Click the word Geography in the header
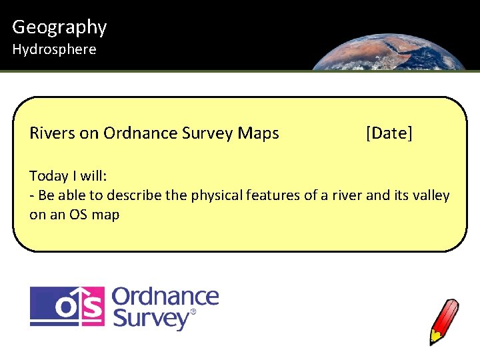[59, 27]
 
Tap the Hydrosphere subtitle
[54, 49]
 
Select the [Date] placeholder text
[389, 133]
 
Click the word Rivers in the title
[52, 133]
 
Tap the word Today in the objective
[49, 176]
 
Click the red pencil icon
[445, 320]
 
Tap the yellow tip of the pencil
[434, 337]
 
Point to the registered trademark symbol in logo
[193, 311]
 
